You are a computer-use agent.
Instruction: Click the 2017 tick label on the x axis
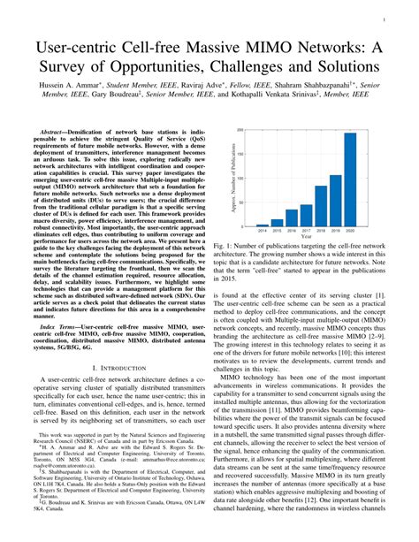point(290,234)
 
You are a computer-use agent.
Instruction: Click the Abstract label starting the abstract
point(57,130)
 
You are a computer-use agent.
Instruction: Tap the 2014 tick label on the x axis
point(249,234)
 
